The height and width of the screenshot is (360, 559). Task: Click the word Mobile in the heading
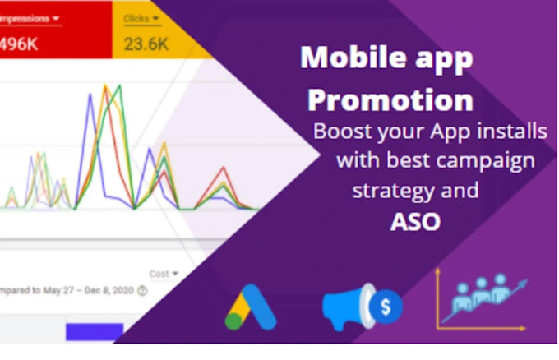[340, 58]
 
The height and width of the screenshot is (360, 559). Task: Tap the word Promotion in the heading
[390, 100]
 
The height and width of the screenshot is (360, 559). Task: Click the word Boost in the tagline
[339, 132]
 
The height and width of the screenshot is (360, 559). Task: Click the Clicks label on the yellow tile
[136, 18]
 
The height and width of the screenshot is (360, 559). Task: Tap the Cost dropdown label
[159, 274]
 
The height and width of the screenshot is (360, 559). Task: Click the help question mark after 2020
[143, 290]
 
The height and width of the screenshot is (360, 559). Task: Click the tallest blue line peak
[88, 95]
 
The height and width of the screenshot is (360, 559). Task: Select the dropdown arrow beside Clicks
[155, 18]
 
